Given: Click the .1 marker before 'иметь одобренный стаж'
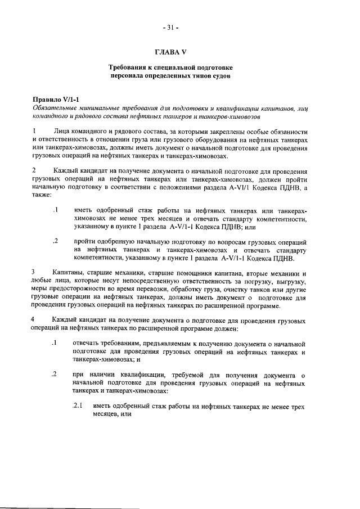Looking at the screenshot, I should point(55,210).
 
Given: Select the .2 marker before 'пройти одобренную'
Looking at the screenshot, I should point(55,241).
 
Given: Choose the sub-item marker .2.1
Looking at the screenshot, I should point(78,406).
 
